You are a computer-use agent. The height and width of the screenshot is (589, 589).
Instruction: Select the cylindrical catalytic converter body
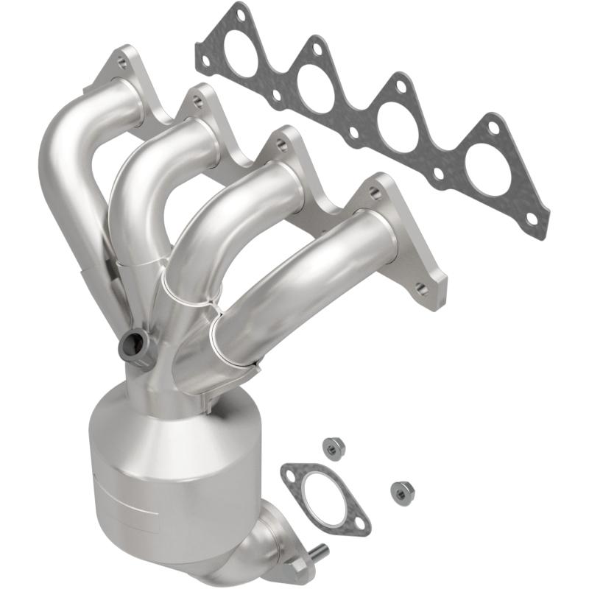point(140,471)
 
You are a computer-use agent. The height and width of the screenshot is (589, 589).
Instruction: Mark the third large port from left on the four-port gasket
point(402,130)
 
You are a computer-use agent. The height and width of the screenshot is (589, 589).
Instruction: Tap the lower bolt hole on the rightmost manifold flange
point(423,289)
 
